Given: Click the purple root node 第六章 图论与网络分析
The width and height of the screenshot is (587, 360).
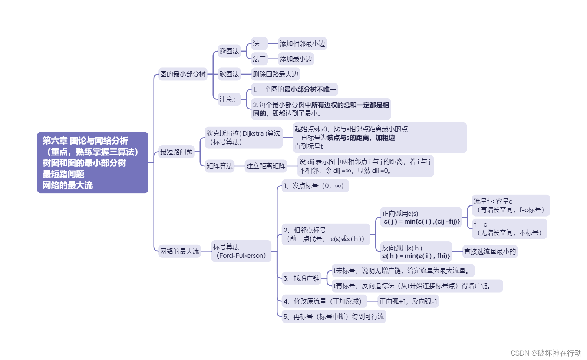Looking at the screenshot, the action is coord(92,162).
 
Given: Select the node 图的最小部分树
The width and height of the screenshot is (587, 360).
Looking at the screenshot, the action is coord(183,74).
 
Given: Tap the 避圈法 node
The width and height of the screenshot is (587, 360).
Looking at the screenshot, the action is coord(229,51).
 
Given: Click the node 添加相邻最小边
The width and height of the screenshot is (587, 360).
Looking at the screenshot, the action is coord(302,44).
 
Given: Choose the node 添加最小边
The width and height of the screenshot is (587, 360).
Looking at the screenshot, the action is coord(296,59).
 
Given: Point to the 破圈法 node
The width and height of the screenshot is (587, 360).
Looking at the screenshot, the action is coord(229,74).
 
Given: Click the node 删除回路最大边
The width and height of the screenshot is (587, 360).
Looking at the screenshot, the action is coord(276,74).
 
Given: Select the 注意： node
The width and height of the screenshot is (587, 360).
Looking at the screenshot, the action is coord(227,99).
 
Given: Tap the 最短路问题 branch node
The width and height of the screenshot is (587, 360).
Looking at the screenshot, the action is coord(177,152).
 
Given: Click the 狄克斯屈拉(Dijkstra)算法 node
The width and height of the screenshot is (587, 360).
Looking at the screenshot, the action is coord(243,138).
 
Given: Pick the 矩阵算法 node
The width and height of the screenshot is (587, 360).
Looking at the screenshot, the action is coord(220,166).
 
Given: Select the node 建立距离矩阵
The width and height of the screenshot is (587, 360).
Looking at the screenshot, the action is coord(266,166).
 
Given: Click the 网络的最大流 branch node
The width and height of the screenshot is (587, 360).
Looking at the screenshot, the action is coord(179,251).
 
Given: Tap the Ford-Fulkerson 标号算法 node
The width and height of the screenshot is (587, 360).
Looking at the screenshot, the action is coord(241,251).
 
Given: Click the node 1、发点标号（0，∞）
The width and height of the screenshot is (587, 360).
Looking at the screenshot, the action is coord(315,186).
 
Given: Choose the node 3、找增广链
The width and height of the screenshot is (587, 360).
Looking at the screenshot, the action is coord(301,278).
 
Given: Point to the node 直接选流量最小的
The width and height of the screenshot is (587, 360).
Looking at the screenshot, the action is coord(490,252).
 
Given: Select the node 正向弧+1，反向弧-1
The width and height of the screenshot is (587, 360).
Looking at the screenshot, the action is coord(408,301).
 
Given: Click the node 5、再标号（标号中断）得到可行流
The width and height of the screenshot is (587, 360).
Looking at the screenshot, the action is coord(334,317).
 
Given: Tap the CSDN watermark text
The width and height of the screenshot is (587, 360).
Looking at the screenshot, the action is coord(546,353).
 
